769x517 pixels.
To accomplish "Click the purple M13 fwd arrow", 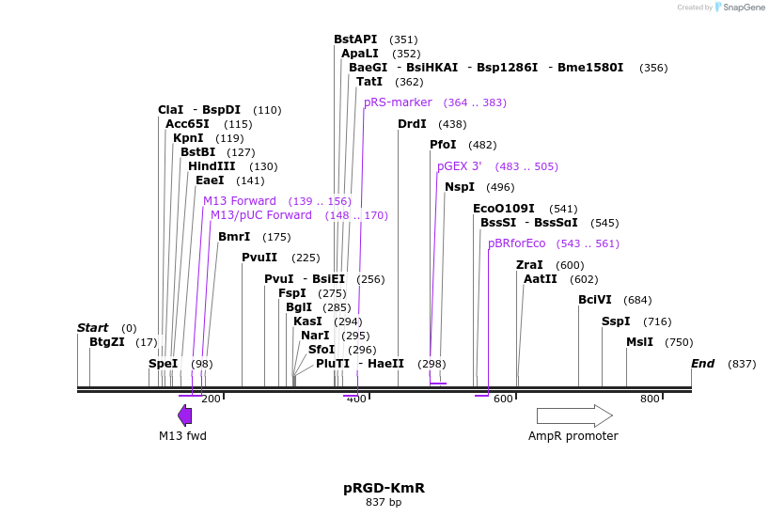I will [185, 415].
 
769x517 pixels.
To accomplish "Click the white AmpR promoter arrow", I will [573, 415].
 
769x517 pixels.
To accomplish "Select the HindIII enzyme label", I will [212, 166].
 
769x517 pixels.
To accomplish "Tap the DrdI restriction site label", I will [412, 124].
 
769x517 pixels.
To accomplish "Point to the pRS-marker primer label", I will [398, 102].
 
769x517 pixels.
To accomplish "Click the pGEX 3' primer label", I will [459, 166].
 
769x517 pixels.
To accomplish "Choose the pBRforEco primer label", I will [516, 243].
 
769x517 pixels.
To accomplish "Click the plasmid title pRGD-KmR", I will [384, 488].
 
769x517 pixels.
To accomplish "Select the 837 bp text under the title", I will [384, 503].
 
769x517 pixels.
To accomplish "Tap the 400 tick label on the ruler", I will [356, 399].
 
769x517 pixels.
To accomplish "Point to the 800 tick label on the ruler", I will [650, 399].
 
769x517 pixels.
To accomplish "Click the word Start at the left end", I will [92, 328].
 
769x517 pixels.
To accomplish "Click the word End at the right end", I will [702, 364].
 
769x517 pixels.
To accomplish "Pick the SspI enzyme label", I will [616, 321].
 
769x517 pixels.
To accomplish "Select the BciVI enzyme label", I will [594, 300].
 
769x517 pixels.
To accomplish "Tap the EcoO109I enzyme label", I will [503, 209].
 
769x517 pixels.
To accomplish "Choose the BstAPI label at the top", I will [354, 39].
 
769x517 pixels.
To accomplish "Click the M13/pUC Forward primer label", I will [260, 215].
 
